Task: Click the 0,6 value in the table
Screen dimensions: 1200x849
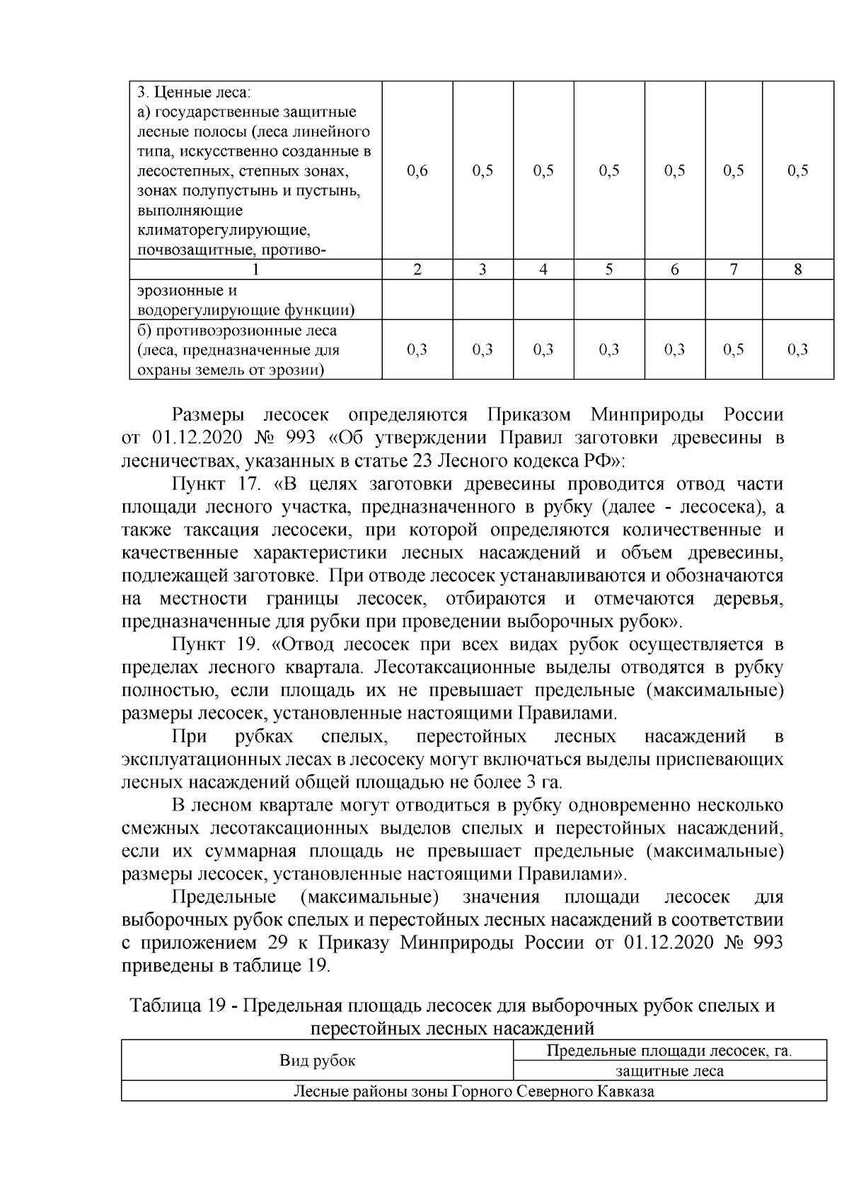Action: click(x=418, y=170)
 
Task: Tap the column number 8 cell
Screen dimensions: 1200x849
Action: click(x=797, y=269)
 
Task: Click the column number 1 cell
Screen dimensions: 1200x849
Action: click(x=255, y=269)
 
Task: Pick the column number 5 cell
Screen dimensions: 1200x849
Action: click(x=608, y=269)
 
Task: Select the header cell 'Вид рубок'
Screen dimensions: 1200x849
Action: click(x=317, y=1060)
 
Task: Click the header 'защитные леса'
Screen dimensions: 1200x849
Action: click(x=669, y=1071)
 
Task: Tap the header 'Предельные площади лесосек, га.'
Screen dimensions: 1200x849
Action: click(x=669, y=1051)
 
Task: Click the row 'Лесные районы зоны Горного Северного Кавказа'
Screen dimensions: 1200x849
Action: click(x=474, y=1091)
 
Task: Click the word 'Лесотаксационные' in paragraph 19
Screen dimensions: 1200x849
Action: click(x=452, y=668)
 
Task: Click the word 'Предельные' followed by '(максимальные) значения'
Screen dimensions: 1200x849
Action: click(x=224, y=897)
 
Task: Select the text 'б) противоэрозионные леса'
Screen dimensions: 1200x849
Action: click(x=236, y=331)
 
